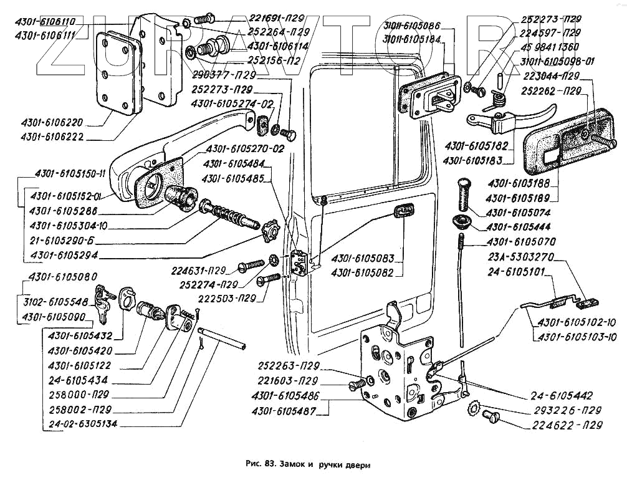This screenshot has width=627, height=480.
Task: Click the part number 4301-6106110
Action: (x=45, y=21)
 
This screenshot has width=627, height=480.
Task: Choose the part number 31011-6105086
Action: (x=412, y=26)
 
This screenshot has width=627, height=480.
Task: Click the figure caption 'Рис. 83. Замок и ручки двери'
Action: (x=308, y=464)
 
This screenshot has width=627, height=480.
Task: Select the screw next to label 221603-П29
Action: (x=356, y=386)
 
